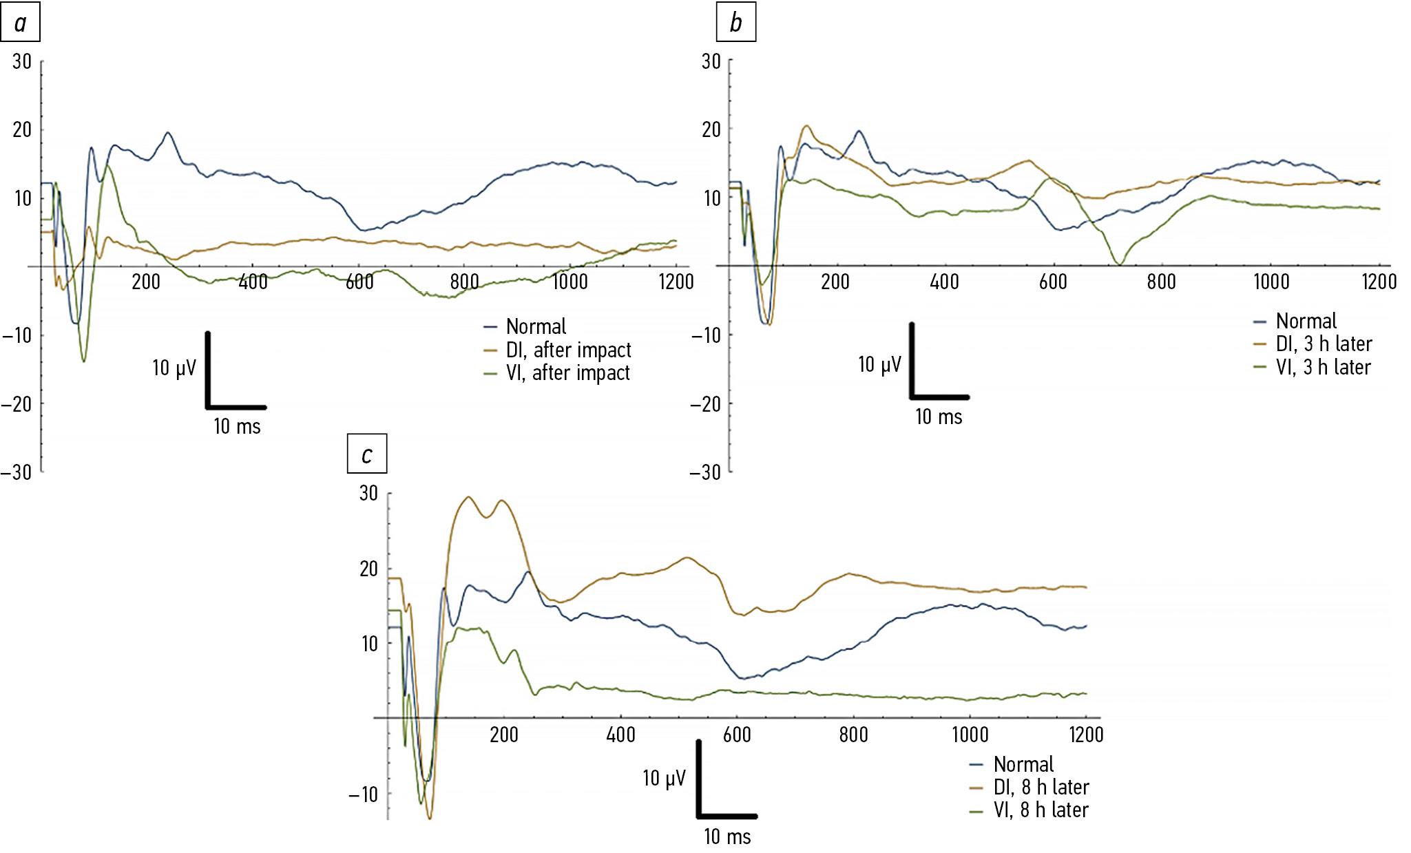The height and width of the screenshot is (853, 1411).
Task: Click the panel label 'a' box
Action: click(20, 23)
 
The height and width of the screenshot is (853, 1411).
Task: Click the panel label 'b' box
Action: click(735, 23)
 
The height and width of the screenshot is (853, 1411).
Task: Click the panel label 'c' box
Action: click(367, 454)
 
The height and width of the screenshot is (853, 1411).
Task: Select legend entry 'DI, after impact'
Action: click(568, 350)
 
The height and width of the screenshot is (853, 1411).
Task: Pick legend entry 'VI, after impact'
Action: click(567, 373)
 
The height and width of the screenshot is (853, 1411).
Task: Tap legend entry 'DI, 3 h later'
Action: click(1324, 344)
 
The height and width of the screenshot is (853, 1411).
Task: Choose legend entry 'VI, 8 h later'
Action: click(1041, 810)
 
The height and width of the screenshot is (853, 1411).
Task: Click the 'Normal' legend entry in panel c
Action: click(1023, 764)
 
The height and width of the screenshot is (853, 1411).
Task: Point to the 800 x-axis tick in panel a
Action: click(465, 282)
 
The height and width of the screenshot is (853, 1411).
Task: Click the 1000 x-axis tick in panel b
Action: click(1271, 282)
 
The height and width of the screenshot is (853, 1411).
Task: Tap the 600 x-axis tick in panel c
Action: click(737, 735)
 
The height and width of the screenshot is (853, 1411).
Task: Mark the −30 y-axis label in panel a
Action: click(17, 472)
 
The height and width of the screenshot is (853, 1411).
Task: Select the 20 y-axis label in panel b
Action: click(711, 129)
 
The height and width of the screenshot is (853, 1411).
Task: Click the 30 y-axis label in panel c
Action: click(368, 493)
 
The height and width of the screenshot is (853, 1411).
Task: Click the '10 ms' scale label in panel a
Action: click(237, 427)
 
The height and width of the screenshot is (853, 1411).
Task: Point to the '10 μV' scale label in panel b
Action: click(879, 364)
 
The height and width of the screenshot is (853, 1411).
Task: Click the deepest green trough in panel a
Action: click(84, 361)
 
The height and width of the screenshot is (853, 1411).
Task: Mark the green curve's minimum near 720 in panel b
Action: click(1119, 263)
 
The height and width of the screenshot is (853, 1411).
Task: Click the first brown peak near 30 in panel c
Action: click(468, 497)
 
